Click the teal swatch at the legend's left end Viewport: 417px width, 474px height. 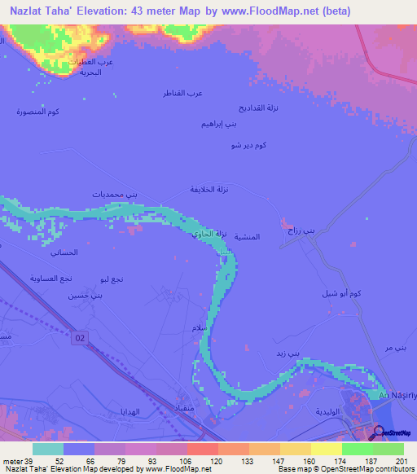click(x=47, y=449)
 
